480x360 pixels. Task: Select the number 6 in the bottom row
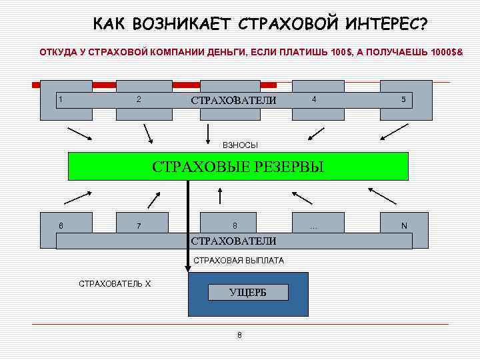(x=61, y=225)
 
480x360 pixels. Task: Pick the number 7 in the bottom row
(x=138, y=226)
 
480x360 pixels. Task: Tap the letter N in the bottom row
(x=403, y=226)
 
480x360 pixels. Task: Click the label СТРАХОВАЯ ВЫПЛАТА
(x=239, y=261)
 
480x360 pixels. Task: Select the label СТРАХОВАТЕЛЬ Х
(x=115, y=284)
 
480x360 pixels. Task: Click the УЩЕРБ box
(x=248, y=292)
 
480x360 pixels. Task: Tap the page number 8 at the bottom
(x=239, y=335)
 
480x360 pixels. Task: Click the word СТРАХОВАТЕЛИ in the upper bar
(x=233, y=101)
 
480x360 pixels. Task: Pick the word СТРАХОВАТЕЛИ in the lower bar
(x=233, y=241)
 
